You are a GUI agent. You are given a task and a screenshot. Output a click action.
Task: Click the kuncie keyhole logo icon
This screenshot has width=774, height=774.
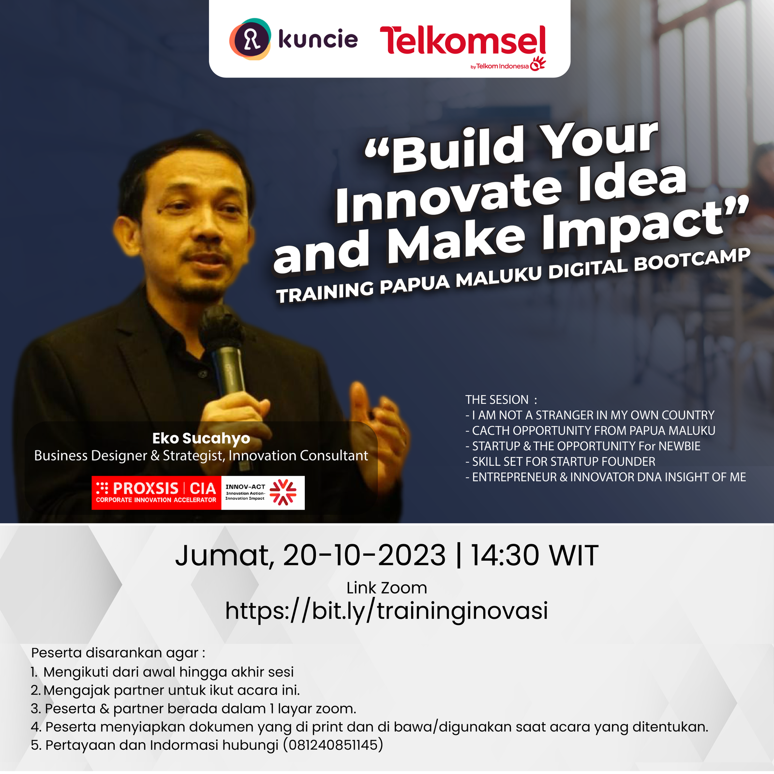pos(250,39)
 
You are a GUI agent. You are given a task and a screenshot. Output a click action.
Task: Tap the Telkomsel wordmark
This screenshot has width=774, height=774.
pos(463,41)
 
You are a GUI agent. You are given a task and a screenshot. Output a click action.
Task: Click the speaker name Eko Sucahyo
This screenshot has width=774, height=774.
pos(201,438)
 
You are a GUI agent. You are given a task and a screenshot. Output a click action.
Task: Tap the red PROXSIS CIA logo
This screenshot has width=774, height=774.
pos(156,492)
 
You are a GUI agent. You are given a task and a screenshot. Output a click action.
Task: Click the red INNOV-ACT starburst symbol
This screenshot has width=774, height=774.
pos(283,492)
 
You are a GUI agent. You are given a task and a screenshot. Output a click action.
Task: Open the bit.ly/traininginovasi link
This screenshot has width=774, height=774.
pos(387,611)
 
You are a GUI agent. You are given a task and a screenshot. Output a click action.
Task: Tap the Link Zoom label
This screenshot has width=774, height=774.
pos(387,588)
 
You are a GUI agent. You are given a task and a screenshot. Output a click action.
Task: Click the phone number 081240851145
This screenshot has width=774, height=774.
pos(333,744)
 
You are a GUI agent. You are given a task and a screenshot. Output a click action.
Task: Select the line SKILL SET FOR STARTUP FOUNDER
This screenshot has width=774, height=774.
pos(560,461)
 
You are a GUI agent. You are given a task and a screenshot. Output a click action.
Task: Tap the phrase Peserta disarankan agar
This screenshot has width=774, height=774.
pos(118,653)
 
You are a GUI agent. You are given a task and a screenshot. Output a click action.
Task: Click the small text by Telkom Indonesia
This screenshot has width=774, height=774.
pos(500,66)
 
